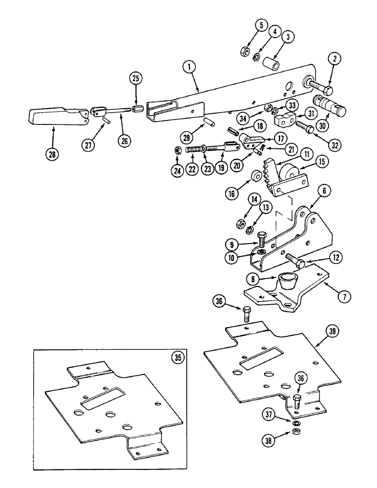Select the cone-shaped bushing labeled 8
pyautogui.click(x=289, y=283)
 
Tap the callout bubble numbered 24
pyautogui.click(x=176, y=170)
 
